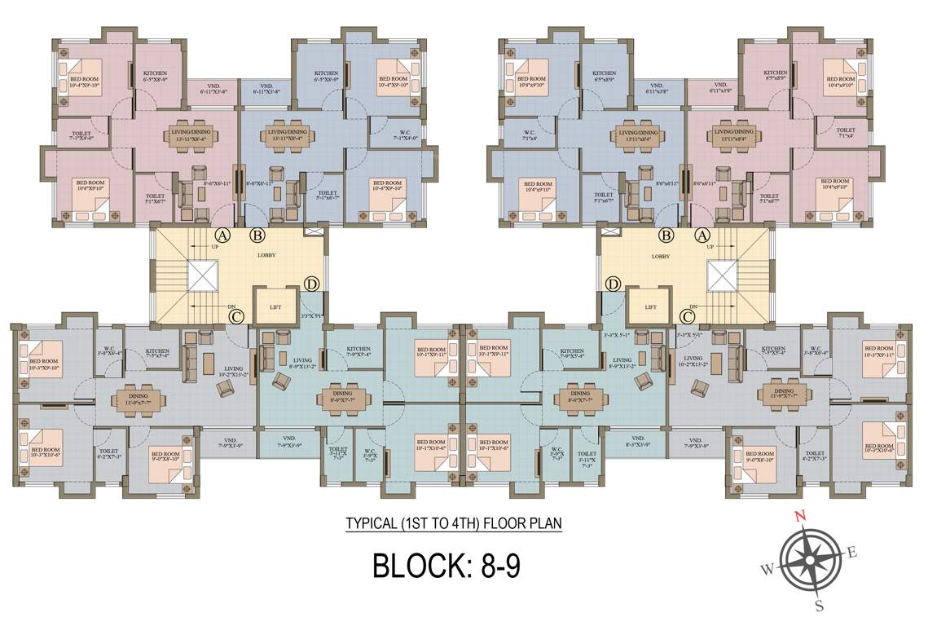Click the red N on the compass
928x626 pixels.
(800, 515)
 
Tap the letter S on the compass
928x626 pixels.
(820, 605)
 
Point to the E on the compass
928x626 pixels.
(852, 552)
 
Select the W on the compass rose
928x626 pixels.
(767, 569)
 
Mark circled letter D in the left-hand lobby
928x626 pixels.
(311, 284)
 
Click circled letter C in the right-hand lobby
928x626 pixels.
(687, 316)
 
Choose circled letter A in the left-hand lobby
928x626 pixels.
(223, 235)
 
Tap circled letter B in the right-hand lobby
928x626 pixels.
(666, 235)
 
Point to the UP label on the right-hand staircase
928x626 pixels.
(710, 245)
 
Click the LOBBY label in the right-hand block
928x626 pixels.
(661, 255)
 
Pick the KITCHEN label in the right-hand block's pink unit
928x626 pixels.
(775, 73)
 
